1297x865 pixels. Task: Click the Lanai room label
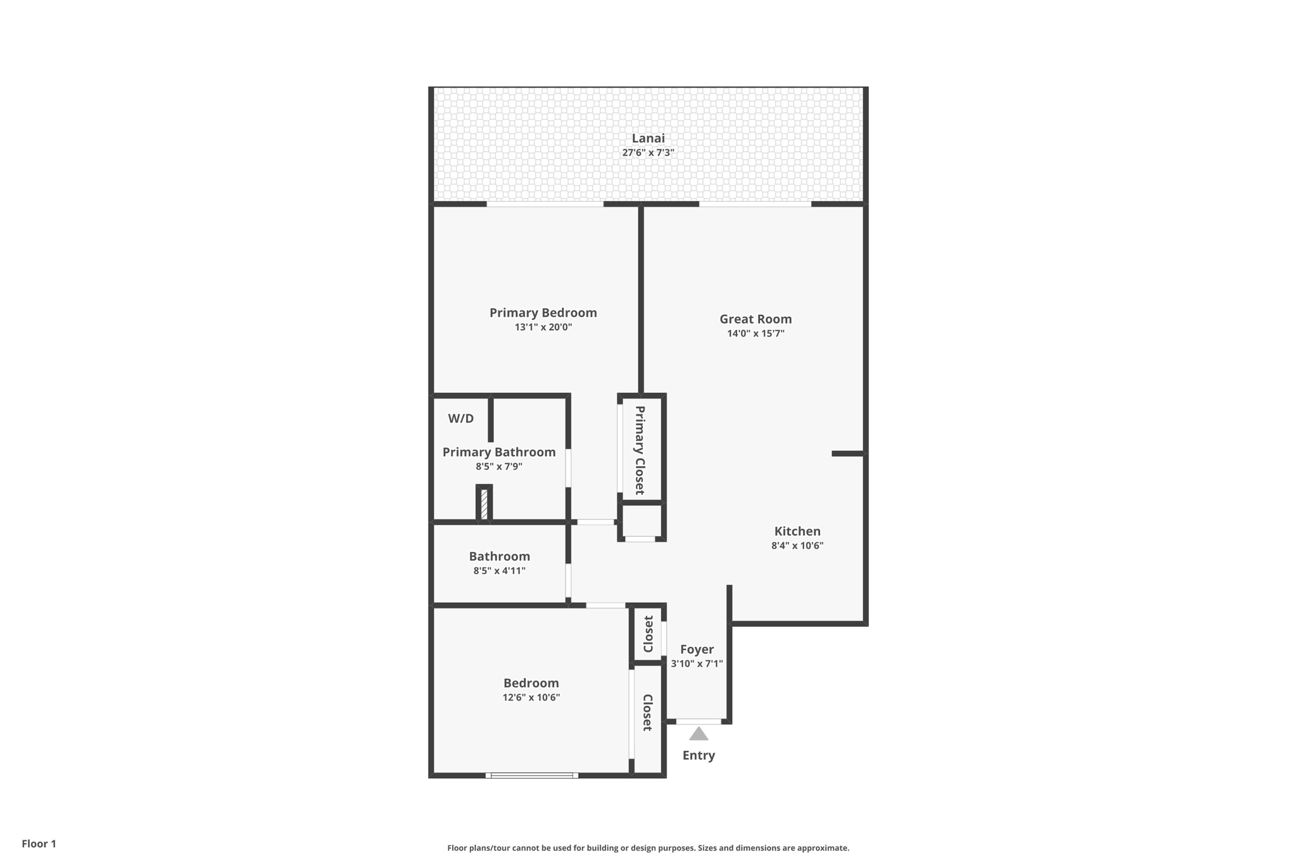[648, 138]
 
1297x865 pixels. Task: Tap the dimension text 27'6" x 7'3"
[648, 153]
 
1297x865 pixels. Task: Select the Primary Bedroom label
[543, 312]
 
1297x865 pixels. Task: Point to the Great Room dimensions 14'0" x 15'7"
[756, 333]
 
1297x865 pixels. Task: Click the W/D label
[460, 418]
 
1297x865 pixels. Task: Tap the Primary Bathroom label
[498, 452]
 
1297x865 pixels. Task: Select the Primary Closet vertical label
[640, 450]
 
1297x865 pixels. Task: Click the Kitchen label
[797, 531]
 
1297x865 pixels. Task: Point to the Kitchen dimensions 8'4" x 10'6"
[797, 546]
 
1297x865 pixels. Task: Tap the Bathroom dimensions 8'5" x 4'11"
[499, 571]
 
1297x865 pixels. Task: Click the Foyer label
[697, 649]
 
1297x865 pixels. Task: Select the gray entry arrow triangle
[699, 734]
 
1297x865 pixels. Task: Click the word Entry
[699, 755]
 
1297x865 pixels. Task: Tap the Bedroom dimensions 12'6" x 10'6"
[531, 698]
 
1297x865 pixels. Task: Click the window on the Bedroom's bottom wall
[531, 775]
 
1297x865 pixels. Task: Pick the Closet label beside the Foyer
[648, 634]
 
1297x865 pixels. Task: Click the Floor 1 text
[39, 843]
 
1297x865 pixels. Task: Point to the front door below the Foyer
[699, 721]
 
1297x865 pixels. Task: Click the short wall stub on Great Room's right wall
[847, 454]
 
